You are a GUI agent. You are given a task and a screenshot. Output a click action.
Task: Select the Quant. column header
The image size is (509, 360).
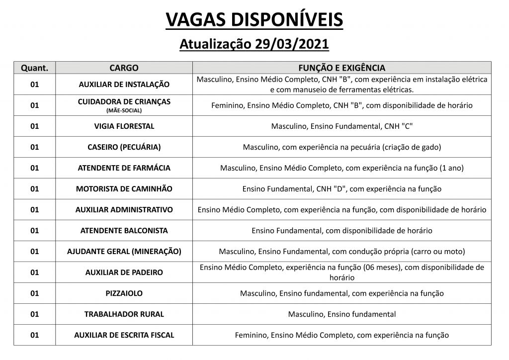34,68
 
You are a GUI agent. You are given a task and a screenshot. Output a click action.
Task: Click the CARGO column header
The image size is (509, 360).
124,68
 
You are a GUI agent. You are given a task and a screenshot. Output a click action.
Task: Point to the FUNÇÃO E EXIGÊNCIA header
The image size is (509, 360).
341,68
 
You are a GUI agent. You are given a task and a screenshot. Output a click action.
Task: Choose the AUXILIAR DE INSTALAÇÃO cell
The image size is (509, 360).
124,85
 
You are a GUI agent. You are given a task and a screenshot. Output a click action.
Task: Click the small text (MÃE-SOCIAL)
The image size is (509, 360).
124,110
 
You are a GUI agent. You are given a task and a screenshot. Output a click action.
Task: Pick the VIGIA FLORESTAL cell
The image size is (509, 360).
124,126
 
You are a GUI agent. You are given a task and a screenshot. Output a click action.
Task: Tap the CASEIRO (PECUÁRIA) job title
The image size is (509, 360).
124,147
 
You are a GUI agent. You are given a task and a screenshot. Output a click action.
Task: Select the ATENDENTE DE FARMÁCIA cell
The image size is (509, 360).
124,168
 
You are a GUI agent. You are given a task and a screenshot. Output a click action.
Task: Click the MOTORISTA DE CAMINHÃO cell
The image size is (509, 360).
124,189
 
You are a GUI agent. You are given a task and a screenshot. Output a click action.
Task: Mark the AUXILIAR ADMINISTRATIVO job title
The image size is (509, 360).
124,210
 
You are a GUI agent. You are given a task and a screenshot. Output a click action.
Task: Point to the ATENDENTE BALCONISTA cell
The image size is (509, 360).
124,231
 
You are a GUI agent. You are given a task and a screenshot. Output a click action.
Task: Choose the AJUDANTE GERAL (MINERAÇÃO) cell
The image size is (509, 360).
124,252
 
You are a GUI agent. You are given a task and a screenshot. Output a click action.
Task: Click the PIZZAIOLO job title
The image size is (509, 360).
124,293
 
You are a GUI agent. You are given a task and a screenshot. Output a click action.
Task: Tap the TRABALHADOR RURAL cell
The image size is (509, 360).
124,314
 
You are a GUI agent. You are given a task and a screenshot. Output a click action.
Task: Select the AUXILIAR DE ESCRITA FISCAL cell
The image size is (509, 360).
124,335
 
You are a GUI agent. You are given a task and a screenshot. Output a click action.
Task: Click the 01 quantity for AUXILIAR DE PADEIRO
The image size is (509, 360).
34,272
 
